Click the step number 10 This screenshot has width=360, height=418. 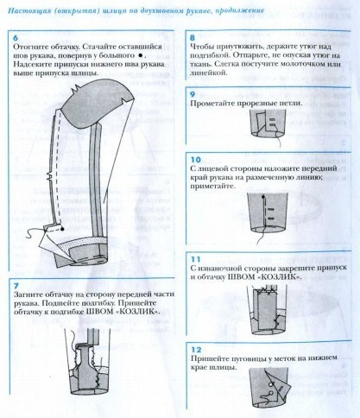click(193, 160)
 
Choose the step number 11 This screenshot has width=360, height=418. click(193, 258)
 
